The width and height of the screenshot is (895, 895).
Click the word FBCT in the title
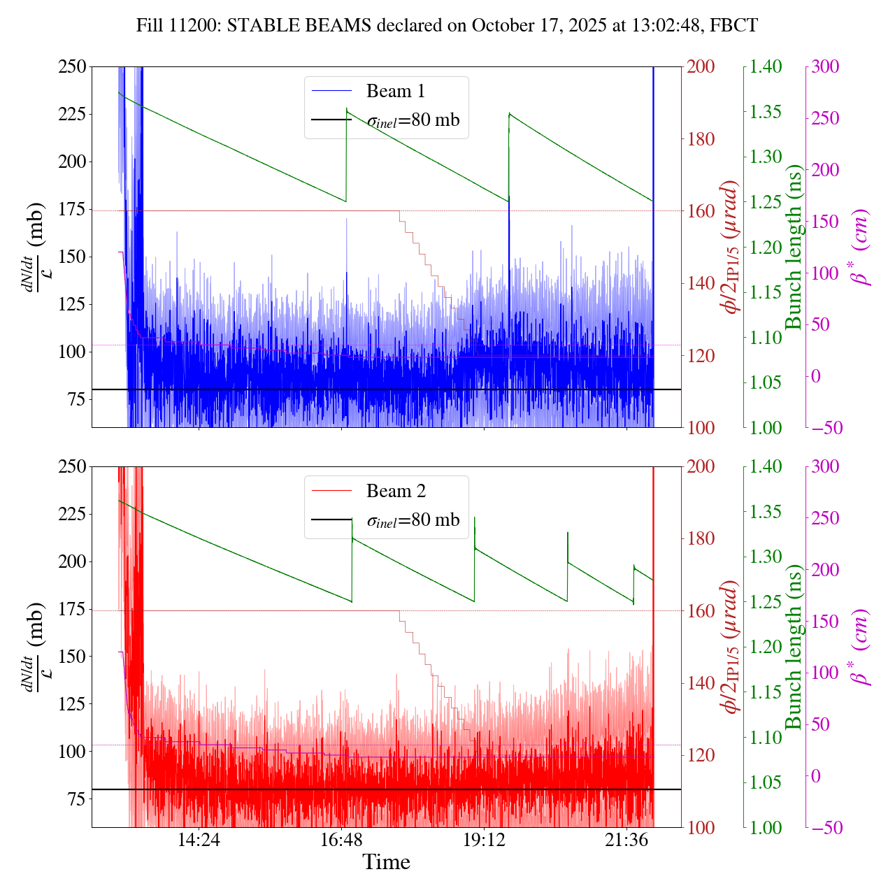(733, 26)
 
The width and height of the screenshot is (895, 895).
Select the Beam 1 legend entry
(395, 92)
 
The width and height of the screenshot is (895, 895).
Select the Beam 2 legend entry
(395, 492)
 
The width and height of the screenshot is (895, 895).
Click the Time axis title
(386, 862)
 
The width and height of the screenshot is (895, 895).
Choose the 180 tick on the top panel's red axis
(701, 139)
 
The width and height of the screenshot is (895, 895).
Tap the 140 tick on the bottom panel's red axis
(701, 683)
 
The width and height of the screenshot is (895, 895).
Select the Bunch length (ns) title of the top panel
(794, 247)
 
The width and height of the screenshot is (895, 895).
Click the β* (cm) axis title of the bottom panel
(859, 647)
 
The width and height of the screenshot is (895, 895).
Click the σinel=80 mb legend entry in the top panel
(413, 120)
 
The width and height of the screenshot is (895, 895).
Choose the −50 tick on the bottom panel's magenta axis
(825, 828)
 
